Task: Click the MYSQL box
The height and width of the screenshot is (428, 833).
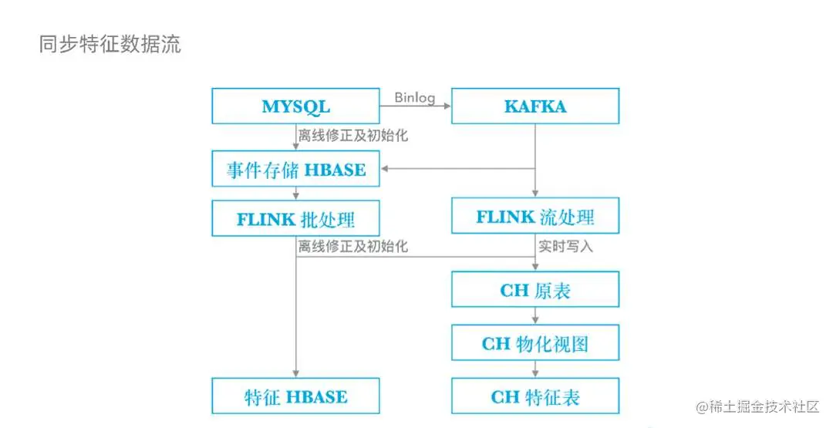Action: click(295, 106)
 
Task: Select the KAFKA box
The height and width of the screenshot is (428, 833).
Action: click(535, 106)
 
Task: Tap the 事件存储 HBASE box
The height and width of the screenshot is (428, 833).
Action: click(295, 169)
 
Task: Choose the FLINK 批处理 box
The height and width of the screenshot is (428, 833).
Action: click(295, 219)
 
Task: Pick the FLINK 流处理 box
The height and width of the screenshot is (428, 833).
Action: click(535, 217)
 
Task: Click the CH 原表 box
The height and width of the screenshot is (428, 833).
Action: click(535, 290)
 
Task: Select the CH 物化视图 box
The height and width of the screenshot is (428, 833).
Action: click(535, 343)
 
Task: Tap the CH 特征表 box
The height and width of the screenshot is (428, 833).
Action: click(535, 396)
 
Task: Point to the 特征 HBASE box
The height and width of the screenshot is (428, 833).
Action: click(295, 396)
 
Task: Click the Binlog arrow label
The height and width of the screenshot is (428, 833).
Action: click(415, 98)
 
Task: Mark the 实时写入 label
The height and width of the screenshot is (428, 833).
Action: click(566, 247)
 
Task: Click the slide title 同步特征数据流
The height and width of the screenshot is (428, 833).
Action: click(110, 44)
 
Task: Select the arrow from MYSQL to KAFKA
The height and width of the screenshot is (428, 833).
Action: click(415, 107)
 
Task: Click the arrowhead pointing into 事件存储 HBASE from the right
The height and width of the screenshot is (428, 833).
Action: click(385, 169)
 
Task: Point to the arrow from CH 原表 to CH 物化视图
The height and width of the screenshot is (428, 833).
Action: click(535, 316)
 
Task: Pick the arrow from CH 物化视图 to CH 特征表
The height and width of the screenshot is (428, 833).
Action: click(535, 369)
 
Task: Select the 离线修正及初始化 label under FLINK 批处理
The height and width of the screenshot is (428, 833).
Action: click(353, 247)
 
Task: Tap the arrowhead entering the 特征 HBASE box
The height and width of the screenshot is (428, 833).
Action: click(296, 373)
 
